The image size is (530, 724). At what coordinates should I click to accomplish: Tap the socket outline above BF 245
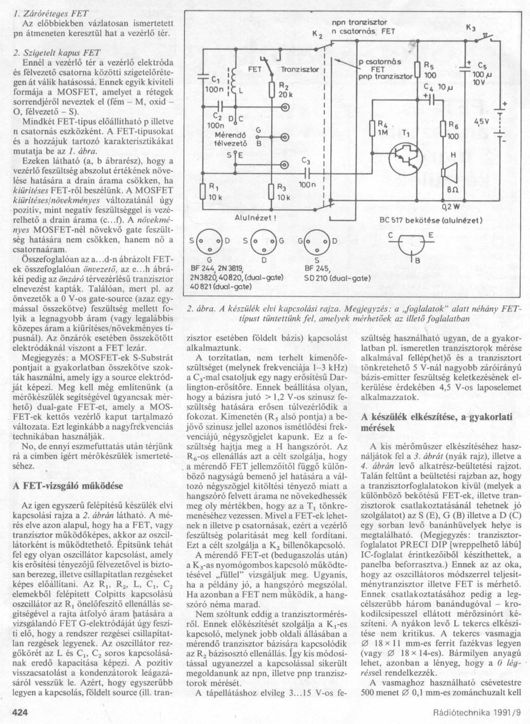click(316, 241)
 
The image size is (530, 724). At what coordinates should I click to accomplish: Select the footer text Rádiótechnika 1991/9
click(476, 712)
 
